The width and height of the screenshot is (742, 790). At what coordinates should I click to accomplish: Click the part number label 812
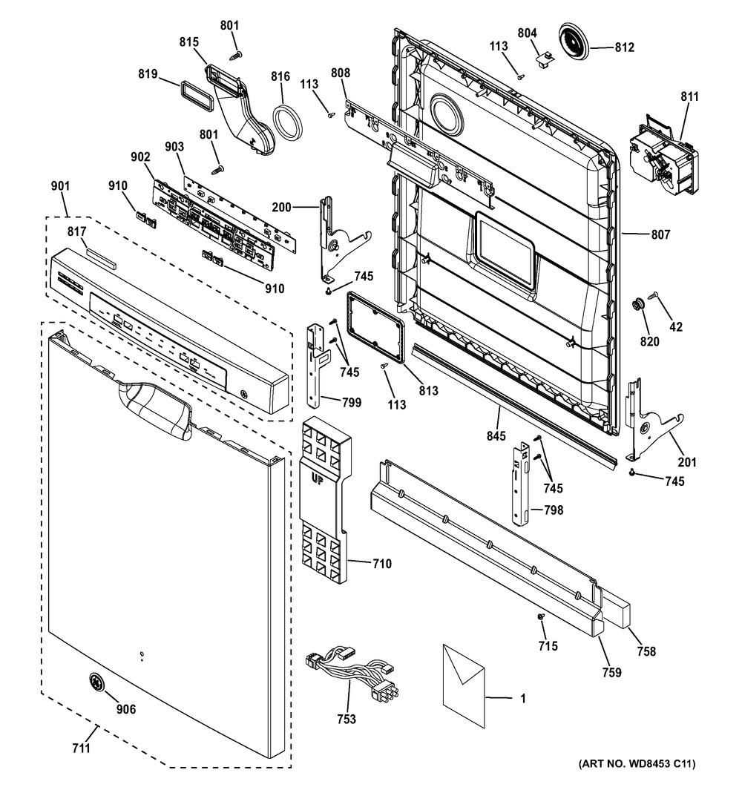click(625, 48)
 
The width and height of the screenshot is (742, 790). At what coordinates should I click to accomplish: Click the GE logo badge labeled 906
click(95, 683)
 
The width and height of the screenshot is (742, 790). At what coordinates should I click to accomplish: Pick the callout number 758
click(646, 651)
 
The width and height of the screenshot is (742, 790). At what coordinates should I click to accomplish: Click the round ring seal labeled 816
click(288, 122)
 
